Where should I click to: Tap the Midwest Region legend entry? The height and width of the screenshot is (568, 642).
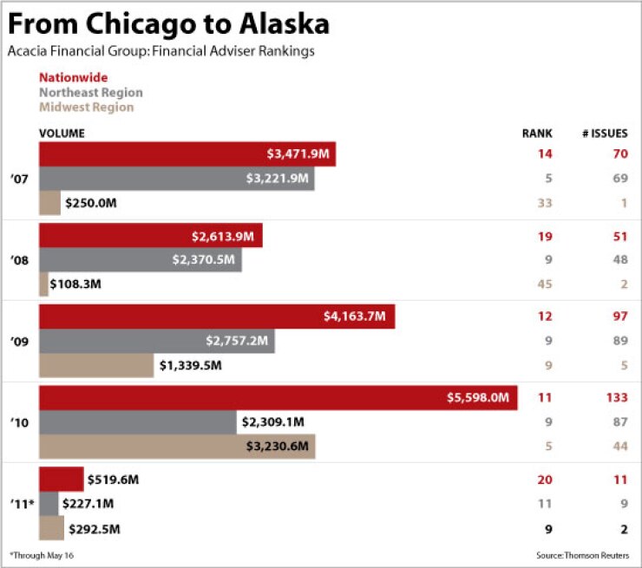coord(87,108)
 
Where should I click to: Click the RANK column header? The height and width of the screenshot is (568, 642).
coord(537,134)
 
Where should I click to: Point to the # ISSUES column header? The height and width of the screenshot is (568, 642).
coord(605,134)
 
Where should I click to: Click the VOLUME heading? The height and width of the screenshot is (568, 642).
coord(62,134)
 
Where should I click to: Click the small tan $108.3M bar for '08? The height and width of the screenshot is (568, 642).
coord(43,284)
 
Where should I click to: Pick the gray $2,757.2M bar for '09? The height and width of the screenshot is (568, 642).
coord(156,341)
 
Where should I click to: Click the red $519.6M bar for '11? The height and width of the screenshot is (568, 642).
coord(61,480)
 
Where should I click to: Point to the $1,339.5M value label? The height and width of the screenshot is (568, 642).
coord(190,365)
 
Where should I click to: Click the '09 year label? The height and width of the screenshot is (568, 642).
coord(19,342)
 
